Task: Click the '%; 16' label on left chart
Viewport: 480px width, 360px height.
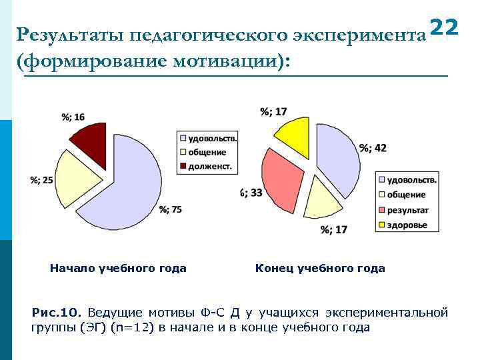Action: click(73, 117)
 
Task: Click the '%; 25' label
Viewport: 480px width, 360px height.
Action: click(41, 179)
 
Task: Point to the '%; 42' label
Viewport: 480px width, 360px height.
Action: click(373, 148)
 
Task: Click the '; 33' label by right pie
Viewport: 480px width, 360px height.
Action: click(251, 193)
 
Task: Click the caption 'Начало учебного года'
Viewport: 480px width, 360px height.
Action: click(118, 269)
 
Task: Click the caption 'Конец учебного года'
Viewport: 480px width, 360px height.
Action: click(320, 269)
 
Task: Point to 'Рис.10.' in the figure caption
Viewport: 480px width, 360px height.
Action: click(56, 312)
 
